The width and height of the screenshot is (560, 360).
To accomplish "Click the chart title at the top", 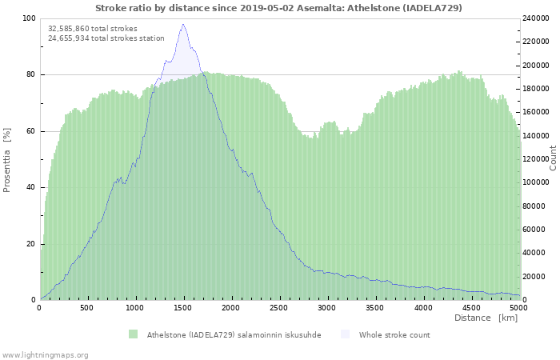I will click(x=278, y=7).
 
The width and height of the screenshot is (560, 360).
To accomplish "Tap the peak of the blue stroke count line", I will click(x=183, y=25).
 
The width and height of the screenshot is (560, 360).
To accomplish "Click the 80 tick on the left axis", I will click(x=30, y=74).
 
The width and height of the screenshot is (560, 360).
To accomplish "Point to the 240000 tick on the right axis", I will click(x=537, y=18).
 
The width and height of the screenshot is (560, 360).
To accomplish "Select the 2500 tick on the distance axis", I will click(x=279, y=307).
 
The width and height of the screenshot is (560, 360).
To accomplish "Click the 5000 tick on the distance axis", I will click(x=518, y=307).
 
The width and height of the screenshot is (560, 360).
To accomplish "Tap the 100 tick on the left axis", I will click(x=29, y=18).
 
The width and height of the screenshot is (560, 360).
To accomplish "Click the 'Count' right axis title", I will click(x=552, y=158).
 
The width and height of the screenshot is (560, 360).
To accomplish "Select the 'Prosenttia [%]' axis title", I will click(x=7, y=159).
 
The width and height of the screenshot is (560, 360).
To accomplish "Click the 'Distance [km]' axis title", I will click(x=486, y=318).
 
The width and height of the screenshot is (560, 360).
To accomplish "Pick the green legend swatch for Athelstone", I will click(x=133, y=334).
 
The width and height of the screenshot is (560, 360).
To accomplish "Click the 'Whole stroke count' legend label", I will click(x=394, y=334).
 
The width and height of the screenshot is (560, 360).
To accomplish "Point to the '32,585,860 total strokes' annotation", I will click(x=93, y=28).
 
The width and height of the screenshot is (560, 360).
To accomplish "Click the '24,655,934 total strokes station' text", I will click(x=106, y=38).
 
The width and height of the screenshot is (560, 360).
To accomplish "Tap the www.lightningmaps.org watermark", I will click(x=45, y=354).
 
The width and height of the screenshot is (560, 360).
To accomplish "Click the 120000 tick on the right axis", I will click(x=537, y=159).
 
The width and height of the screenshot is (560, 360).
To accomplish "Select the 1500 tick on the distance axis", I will click(x=183, y=307).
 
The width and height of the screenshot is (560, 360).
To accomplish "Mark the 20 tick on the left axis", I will click(x=30, y=243).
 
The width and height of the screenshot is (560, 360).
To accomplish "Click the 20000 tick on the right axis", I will click(x=534, y=277).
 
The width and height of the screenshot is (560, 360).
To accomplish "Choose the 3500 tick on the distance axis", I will click(x=375, y=307).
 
